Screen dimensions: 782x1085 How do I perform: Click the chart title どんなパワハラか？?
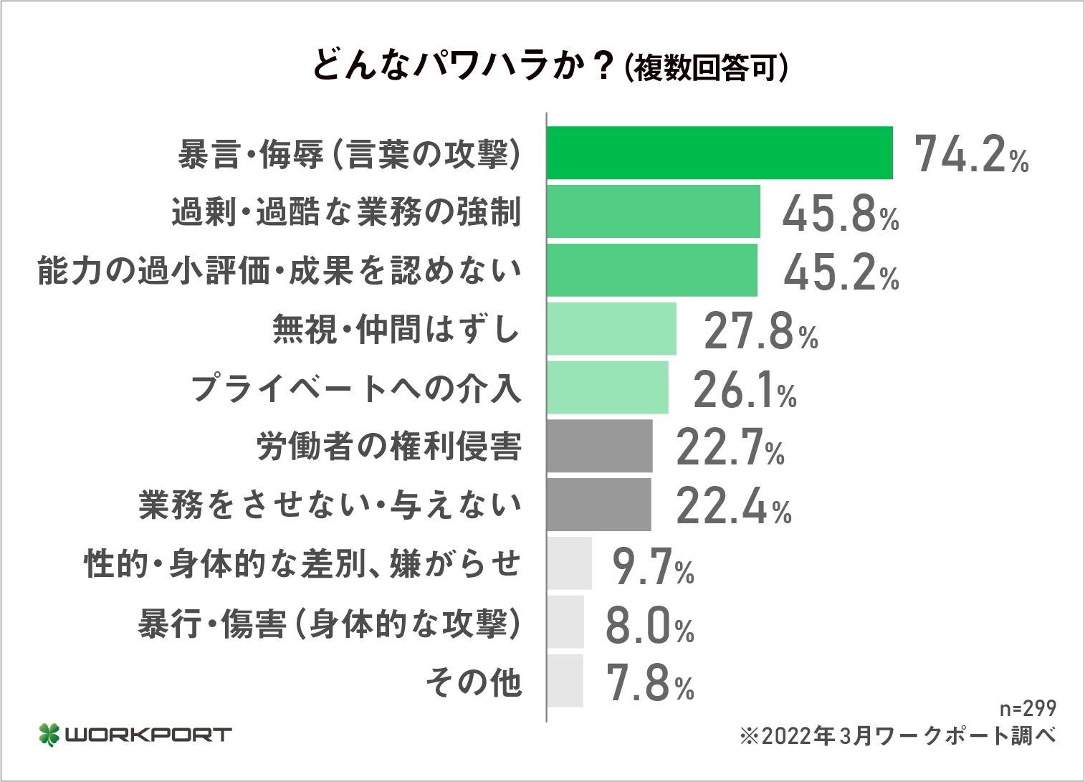click(462, 66)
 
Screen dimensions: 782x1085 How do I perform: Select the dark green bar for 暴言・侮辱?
click(720, 153)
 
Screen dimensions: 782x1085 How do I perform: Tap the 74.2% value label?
click(971, 154)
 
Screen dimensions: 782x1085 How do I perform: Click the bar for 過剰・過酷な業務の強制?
click(653, 211)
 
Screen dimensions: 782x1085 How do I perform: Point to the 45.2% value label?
click(841, 272)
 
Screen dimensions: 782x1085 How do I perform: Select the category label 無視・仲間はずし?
click(396, 330)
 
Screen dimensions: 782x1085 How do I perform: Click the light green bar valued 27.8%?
click(611, 329)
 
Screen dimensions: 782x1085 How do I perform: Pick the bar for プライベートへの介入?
click(607, 388)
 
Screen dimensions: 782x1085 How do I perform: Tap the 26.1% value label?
click(744, 390)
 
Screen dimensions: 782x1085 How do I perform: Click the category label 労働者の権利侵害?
click(388, 447)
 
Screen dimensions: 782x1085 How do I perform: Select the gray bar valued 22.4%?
click(598, 505)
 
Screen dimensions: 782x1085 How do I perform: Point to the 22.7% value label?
click(730, 449)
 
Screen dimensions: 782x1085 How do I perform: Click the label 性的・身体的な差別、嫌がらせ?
click(302, 564)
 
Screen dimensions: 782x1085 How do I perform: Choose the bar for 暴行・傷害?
click(565, 622)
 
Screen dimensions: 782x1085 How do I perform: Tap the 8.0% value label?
click(649, 625)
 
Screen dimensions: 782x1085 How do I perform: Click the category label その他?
click(473, 682)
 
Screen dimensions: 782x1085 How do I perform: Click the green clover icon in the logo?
click(49, 735)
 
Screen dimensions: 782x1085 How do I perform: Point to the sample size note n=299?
click(1028, 708)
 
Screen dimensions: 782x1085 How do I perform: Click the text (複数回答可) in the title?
click(707, 68)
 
